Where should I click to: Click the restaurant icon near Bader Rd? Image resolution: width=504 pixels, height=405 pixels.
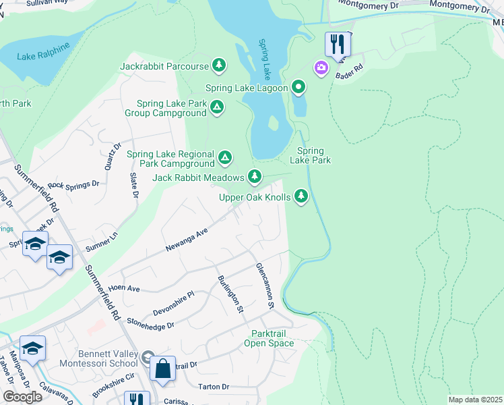coord(338,45)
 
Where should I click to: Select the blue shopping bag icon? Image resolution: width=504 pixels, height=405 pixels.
coord(162,369)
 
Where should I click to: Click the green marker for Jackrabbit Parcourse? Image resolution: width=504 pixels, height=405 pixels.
coord(218,65)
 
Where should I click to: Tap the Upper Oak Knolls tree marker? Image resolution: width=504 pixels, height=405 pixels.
coord(301,196)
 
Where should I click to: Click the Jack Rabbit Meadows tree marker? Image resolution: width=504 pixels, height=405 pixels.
coord(254,177)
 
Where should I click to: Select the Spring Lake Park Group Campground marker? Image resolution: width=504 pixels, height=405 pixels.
coord(217,107)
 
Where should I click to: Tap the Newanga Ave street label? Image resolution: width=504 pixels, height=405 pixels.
coord(187,240)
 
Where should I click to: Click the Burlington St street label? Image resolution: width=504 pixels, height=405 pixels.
coord(230,294)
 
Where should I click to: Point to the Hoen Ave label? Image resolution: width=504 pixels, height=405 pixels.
coord(124,288)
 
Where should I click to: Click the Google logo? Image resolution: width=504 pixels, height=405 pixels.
coord(23,397)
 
